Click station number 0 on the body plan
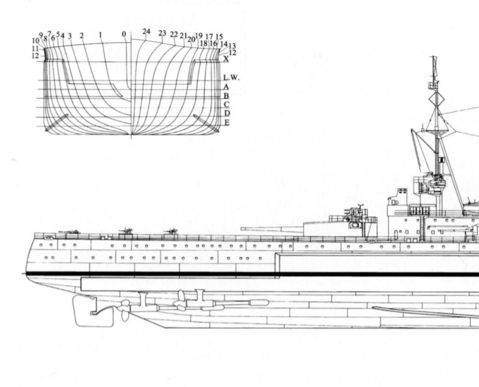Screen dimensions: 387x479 point(124,33)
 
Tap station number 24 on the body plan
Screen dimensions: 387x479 point(146,31)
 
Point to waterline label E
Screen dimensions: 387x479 point(226,122)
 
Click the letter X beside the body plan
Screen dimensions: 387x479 point(225,59)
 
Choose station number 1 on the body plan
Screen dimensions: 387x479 point(100,34)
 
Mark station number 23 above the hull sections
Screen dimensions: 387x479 point(162,33)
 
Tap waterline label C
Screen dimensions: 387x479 point(226,104)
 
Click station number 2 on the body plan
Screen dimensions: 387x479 point(82,35)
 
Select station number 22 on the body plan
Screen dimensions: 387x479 point(174,34)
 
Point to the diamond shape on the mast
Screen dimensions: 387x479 point(439,99)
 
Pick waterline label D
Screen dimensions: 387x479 point(226,113)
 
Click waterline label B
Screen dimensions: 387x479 point(226,95)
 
